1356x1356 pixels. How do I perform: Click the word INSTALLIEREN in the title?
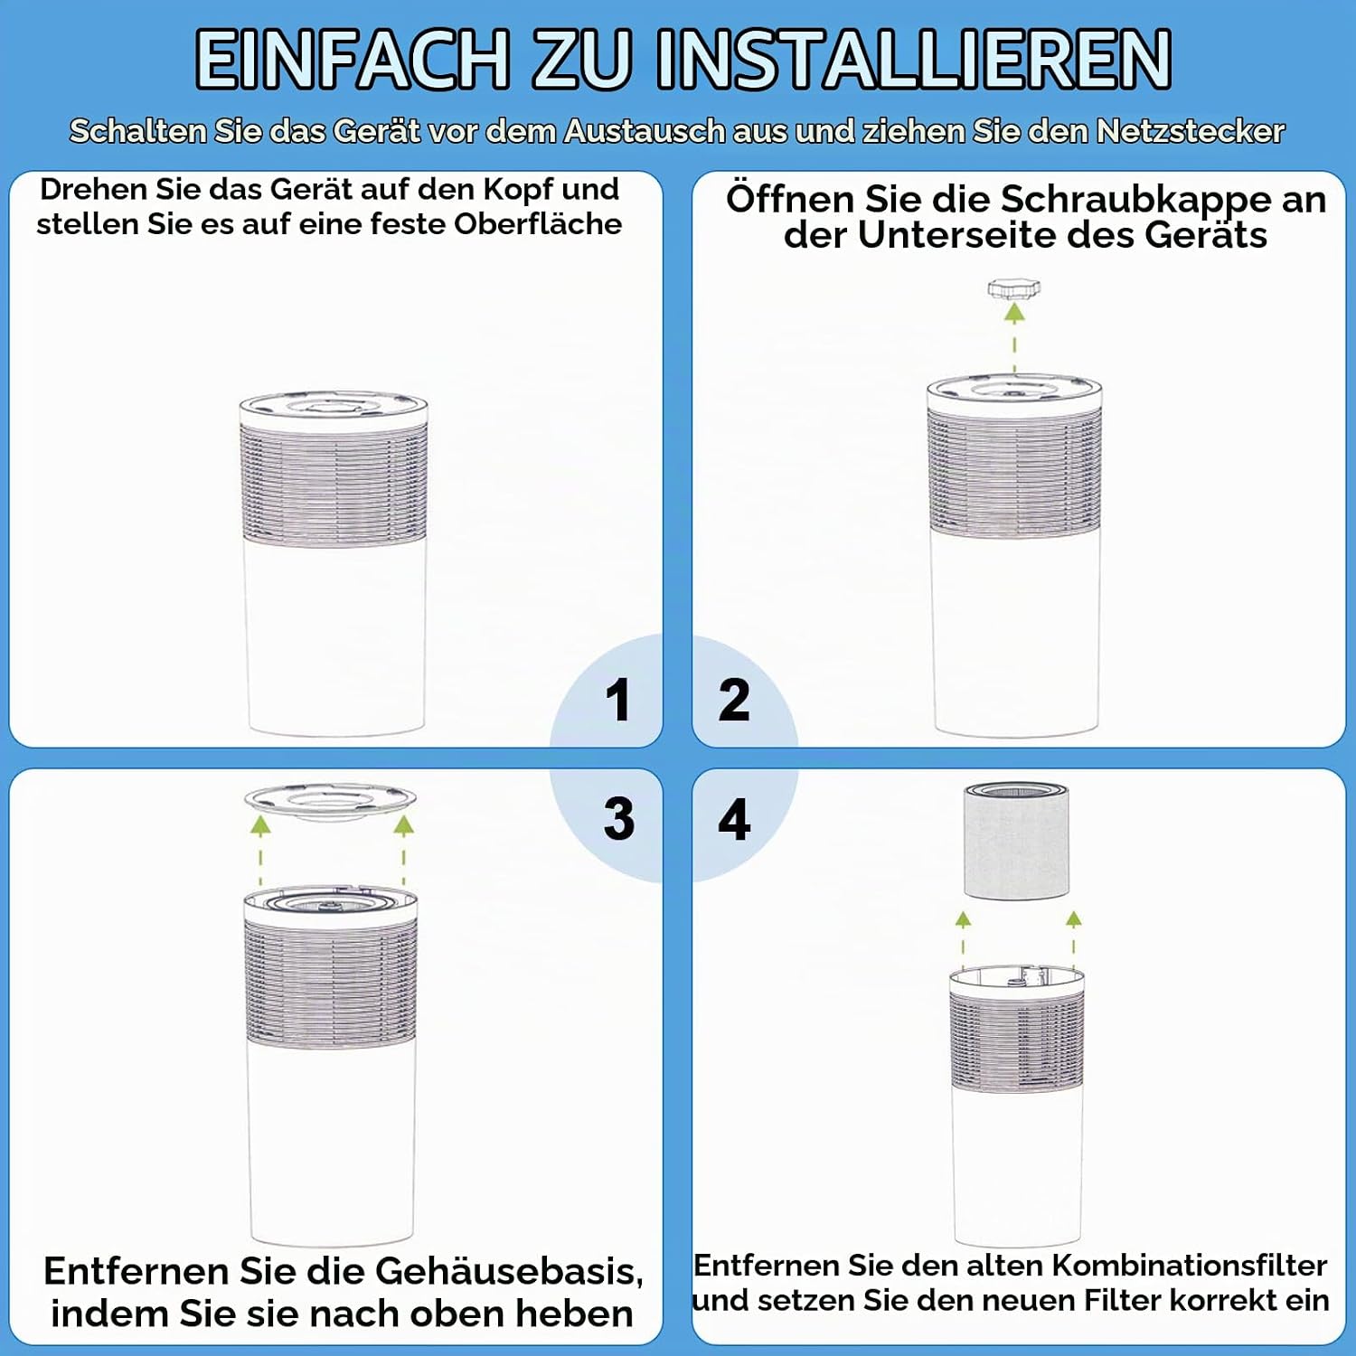pyautogui.click(x=914, y=60)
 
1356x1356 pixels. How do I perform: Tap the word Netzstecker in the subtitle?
pyautogui.click(x=1190, y=132)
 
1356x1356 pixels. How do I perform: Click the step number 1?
pyautogui.click(x=618, y=701)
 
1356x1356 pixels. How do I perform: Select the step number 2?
pyautogui.click(x=734, y=701)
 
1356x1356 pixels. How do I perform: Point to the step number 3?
pyautogui.click(x=619, y=819)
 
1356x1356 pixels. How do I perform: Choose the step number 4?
pyautogui.click(x=734, y=819)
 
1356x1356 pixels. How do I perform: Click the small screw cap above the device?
pyautogui.click(x=1014, y=289)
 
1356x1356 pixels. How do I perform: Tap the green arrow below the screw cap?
pyautogui.click(x=1015, y=339)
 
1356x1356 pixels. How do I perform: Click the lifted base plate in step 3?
pyautogui.click(x=330, y=802)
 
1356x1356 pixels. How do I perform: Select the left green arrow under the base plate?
pyautogui.click(x=260, y=850)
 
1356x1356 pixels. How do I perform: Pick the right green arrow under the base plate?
pyautogui.click(x=403, y=850)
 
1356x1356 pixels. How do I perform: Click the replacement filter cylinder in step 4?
pyautogui.click(x=1017, y=841)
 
